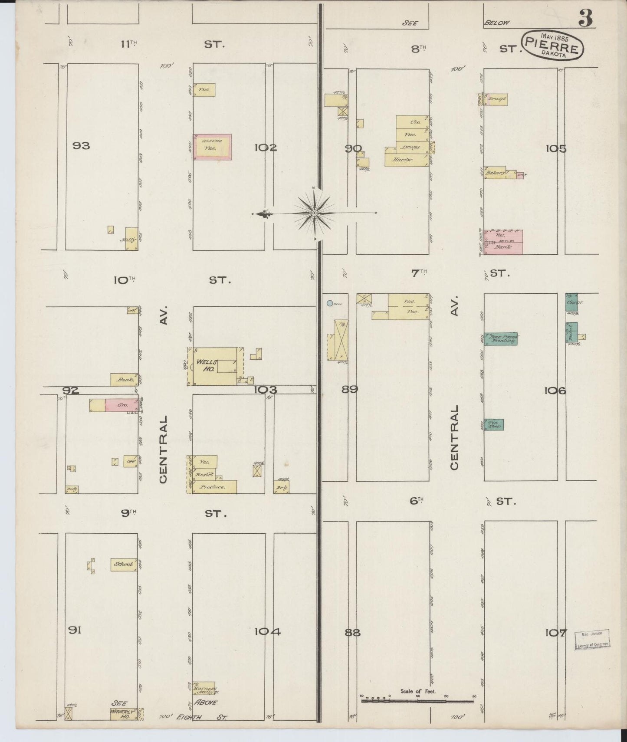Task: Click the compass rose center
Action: pos(314,213)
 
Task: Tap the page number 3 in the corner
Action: pos(585,19)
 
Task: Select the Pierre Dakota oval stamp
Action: pos(552,45)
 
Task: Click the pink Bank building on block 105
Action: pos(503,242)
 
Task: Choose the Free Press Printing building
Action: pos(501,338)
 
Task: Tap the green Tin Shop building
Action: pos(494,424)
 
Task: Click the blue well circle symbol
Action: pos(330,304)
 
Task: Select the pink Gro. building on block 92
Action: pos(122,405)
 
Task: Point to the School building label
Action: pos(124,564)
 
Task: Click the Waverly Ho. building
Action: pos(123,714)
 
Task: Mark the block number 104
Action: pos(267,631)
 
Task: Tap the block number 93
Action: pos(81,145)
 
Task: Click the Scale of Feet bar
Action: pos(417,700)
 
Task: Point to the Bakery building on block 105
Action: pos(496,173)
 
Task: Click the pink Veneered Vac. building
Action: pos(212,147)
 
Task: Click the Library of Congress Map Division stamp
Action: pos(592,639)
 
